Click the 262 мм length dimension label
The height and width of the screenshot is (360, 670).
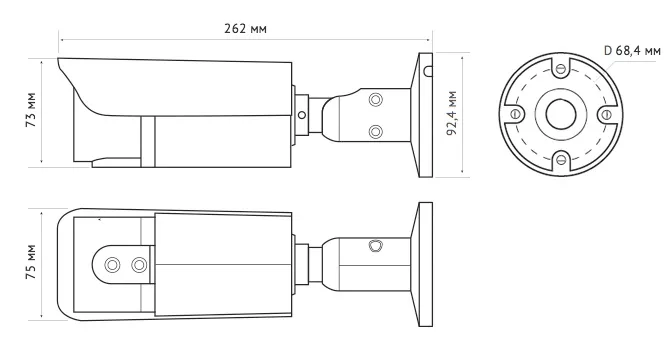point(245,29)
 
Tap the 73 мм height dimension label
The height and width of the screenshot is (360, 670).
point(31,110)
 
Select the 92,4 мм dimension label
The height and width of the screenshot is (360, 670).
point(452,113)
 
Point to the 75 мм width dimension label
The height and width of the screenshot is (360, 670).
point(31,262)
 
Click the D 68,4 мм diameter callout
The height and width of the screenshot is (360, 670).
point(632,50)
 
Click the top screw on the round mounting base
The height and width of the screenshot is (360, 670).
point(561,68)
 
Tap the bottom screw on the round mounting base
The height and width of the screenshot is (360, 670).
point(561,160)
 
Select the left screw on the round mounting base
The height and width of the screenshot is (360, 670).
point(515,114)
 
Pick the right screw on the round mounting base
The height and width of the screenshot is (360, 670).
point(607,114)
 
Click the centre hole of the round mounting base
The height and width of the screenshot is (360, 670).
point(561,114)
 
